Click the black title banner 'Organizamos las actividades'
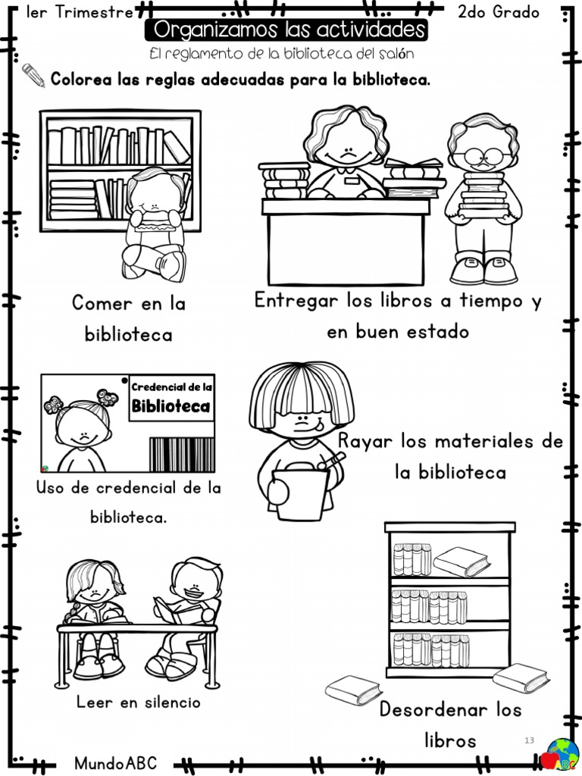click(286, 30)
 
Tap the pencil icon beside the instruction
click(33, 74)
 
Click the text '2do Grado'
click(498, 12)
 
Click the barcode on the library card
click(181, 454)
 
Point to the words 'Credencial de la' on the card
click(172, 386)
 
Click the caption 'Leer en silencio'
click(139, 702)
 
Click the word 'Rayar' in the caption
click(365, 440)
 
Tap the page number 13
click(529, 740)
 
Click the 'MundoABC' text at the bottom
click(116, 762)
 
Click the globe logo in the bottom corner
click(562, 752)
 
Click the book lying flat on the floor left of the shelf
click(353, 690)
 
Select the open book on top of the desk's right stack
click(413, 164)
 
